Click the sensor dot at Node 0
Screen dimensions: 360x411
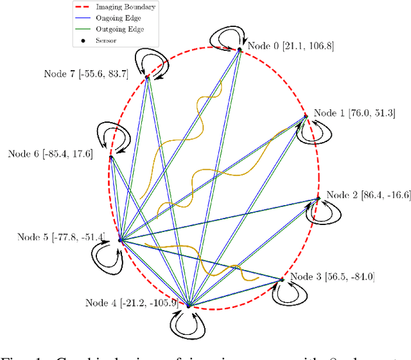pos(240,49)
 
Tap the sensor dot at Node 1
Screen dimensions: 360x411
pos(306,116)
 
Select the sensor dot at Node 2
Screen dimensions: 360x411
pos(318,199)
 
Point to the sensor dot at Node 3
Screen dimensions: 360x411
pos(282,280)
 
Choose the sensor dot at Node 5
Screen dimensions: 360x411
pos(120,240)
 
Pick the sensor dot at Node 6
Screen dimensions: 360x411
pos(111,157)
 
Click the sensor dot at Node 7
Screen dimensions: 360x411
pos(147,77)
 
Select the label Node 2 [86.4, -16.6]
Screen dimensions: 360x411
pos(367,195)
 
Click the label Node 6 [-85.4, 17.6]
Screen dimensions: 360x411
pos(50,153)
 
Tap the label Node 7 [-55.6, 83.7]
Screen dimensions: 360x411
pos(86,74)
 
